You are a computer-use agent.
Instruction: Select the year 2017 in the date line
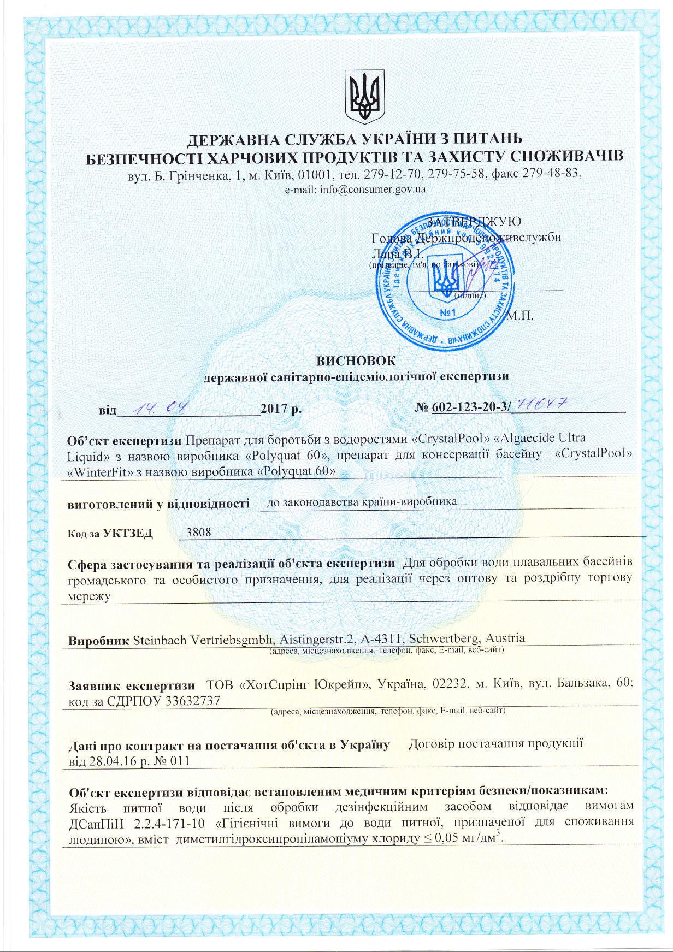274,409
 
